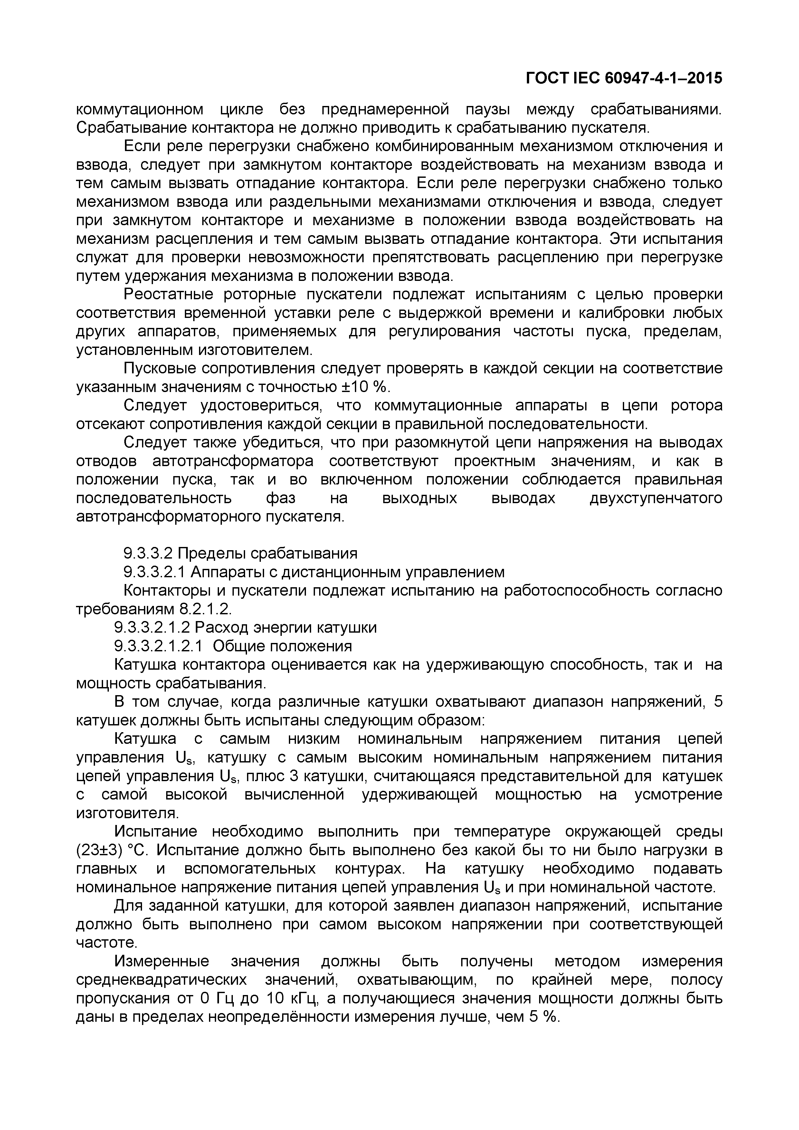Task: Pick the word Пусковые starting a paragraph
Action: [x=158, y=368]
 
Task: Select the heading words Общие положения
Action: [x=282, y=646]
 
